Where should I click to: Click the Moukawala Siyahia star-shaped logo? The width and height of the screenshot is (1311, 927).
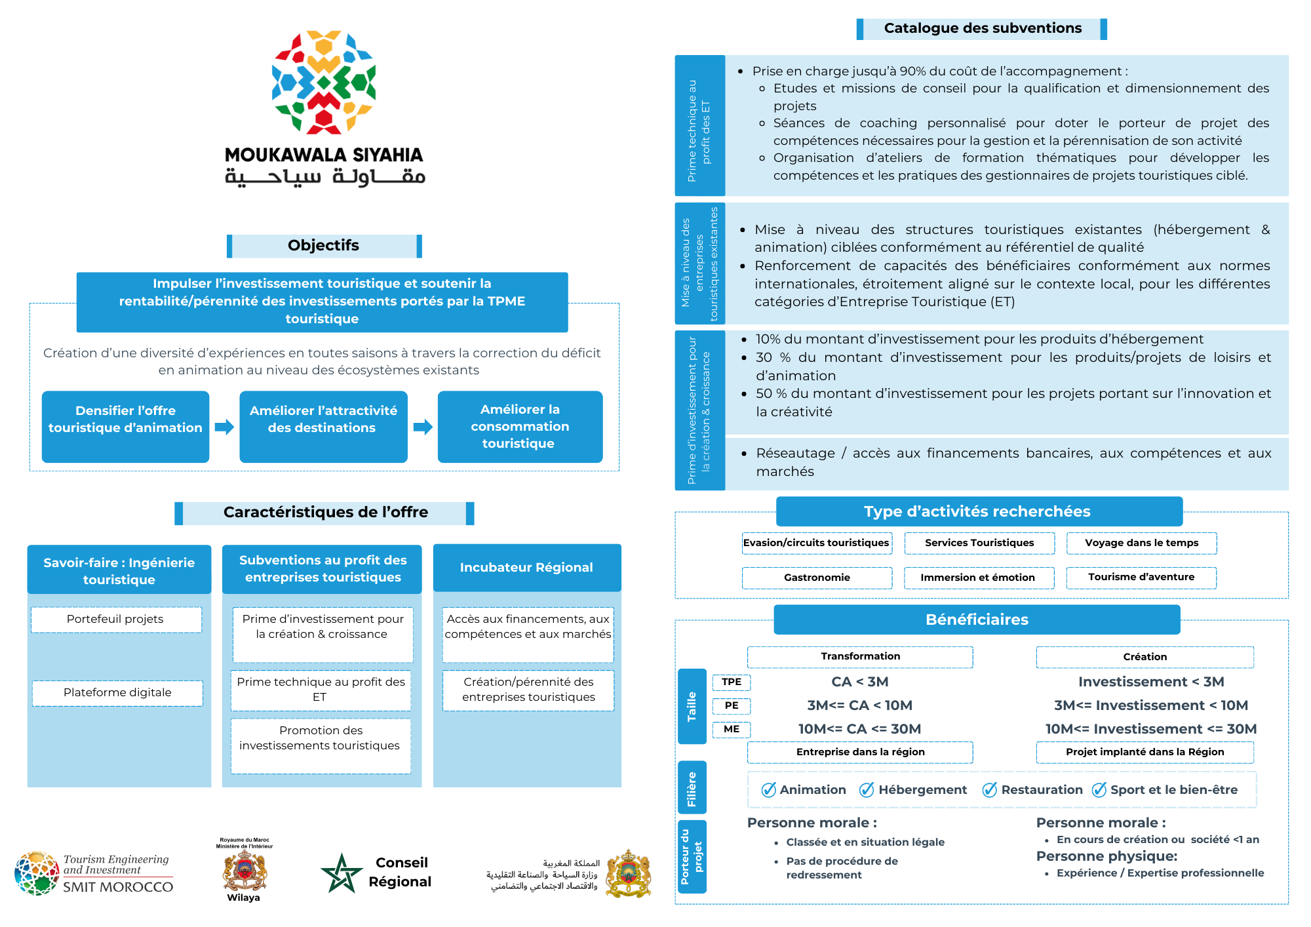point(324,81)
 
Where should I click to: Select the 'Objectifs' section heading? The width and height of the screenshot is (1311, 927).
point(324,246)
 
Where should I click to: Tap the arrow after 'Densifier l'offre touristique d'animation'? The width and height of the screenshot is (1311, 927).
point(224,427)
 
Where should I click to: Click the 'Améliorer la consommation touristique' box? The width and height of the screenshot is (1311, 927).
point(520,427)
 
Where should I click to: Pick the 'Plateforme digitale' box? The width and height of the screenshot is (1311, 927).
point(117,693)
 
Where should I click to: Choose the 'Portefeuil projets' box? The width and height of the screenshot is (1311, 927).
point(115,620)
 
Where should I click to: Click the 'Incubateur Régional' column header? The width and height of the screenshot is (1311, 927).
point(526,568)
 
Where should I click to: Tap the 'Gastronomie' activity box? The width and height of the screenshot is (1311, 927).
point(817,578)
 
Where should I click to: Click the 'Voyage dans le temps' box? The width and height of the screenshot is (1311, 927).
point(1141,543)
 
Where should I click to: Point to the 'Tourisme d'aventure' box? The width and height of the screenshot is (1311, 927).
point(1141,578)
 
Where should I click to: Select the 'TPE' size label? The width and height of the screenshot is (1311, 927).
point(732,682)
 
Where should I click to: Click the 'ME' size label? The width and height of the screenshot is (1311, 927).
point(732,729)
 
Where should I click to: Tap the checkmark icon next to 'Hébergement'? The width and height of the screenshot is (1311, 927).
point(867,790)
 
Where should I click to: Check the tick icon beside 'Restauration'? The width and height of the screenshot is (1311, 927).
point(989,790)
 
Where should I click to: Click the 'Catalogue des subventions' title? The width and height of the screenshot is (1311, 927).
point(982,29)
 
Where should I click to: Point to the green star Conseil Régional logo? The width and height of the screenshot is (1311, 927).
point(342,873)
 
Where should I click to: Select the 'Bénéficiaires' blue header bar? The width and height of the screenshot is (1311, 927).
point(977,620)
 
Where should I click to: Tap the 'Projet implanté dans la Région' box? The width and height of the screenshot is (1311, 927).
point(1145,752)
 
